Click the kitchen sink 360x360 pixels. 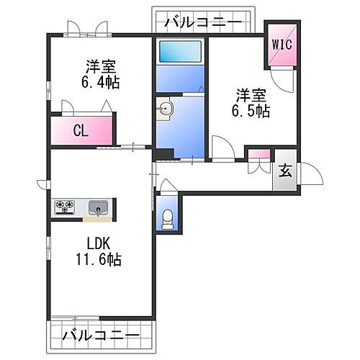[x=96, y=208]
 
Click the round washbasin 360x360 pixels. [x=165, y=110]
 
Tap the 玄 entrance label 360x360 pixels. [x=285, y=171]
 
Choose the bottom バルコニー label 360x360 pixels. [x=101, y=335]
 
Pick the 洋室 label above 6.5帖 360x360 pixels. [x=250, y=94]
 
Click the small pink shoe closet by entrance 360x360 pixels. [x=259, y=153]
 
